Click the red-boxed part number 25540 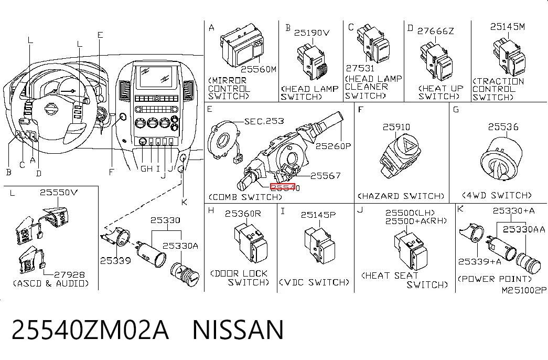pyautogui.click(x=285, y=188)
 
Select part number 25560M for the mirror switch pyautogui.click(x=259, y=69)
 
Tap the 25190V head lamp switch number pyautogui.click(x=311, y=33)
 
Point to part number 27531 pyautogui.click(x=360, y=68)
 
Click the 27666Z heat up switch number pyautogui.click(x=435, y=31)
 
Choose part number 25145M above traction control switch pyautogui.click(x=508, y=27)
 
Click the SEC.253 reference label pyautogui.click(x=264, y=121)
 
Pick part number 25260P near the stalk pyautogui.click(x=333, y=146)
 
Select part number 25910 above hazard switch pyautogui.click(x=396, y=127)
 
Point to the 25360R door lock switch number pyautogui.click(x=243, y=214)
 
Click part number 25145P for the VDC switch pyautogui.click(x=318, y=215)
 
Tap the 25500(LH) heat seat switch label pyautogui.click(x=410, y=213)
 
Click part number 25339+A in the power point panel pyautogui.click(x=479, y=262)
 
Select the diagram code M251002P pyautogui.click(x=523, y=290)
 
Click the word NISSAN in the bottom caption pyautogui.click(x=238, y=330)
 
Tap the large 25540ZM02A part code pyautogui.click(x=91, y=330)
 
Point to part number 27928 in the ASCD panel pyautogui.click(x=69, y=275)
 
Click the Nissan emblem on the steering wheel pyautogui.click(x=51, y=109)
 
